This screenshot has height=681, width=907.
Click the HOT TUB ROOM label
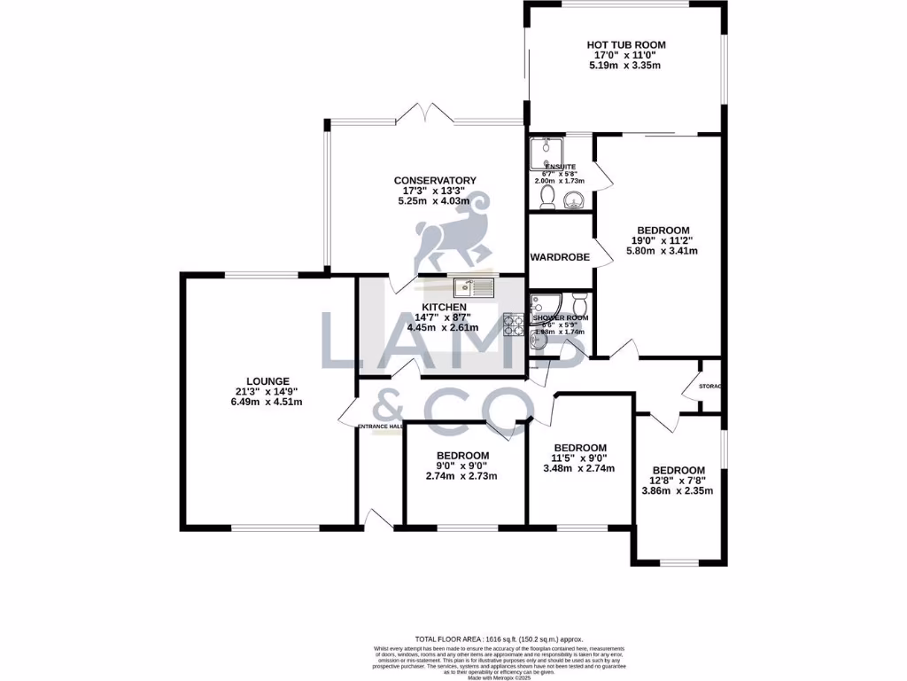(625, 44)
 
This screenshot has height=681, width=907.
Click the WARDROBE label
(554, 257)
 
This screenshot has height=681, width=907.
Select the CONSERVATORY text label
(435, 181)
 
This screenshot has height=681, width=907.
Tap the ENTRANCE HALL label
(380, 427)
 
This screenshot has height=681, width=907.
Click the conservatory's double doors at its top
(430, 113)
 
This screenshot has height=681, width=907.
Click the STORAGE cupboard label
(710, 387)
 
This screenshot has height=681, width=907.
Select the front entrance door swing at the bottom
(377, 521)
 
